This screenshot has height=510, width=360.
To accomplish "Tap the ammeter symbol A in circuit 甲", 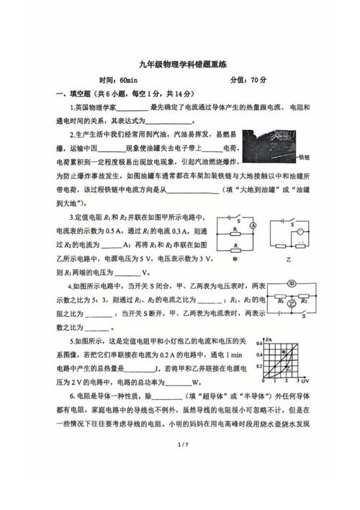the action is pos(254,225).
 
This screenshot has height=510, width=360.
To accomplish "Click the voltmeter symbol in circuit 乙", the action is pos(303,232).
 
